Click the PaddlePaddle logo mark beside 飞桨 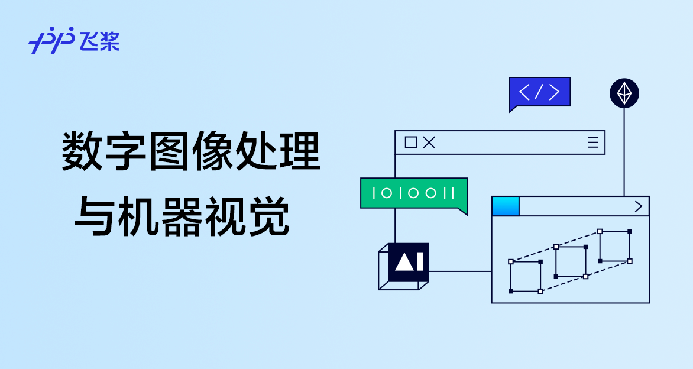click(x=51, y=40)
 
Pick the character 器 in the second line click(x=182, y=217)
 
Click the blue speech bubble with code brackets click(x=539, y=92)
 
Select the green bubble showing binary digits click(x=413, y=193)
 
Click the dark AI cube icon click(x=407, y=262)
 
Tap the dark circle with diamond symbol click(x=624, y=93)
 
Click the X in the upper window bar click(x=429, y=143)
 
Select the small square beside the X click(x=410, y=143)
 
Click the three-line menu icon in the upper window click(x=593, y=143)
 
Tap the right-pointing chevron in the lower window click(x=638, y=206)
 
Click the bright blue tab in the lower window click(x=506, y=206)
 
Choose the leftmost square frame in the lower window click(x=526, y=276)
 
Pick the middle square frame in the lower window click(x=571, y=261)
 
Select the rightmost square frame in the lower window click(x=615, y=246)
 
